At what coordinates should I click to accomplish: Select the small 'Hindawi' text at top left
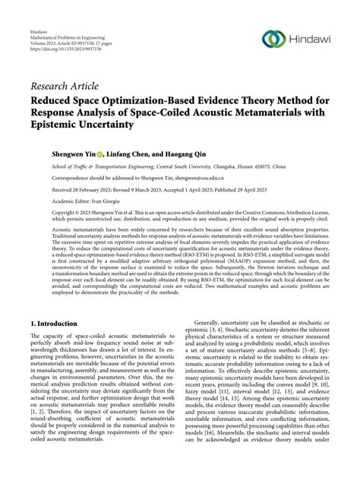click(40, 33)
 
